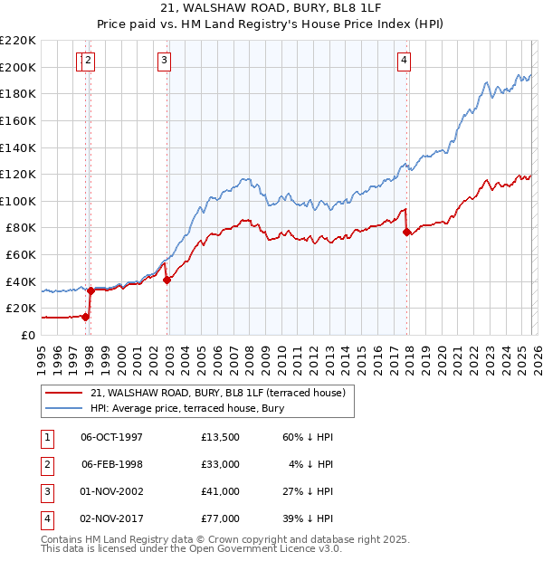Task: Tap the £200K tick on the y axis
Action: click(18, 67)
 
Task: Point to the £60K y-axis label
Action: click(21, 255)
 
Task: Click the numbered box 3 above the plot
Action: click(164, 61)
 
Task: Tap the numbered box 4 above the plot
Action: click(404, 61)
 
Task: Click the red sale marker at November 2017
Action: click(406, 232)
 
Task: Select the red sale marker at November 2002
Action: click(167, 280)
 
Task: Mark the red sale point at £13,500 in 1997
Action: click(85, 317)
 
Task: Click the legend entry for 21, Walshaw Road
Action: click(217, 393)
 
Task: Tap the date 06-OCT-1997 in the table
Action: click(111, 437)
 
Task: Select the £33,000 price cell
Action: click(221, 464)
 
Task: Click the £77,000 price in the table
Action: click(221, 518)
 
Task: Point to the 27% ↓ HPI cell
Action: click(306, 491)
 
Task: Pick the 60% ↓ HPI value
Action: click(306, 437)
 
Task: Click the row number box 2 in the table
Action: click(45, 464)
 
